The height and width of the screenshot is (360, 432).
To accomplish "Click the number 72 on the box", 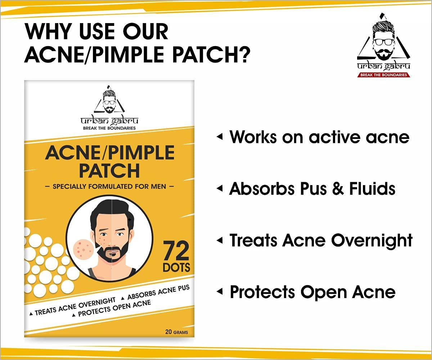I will click(176, 251).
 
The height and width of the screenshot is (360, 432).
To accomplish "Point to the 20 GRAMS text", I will click(176, 332).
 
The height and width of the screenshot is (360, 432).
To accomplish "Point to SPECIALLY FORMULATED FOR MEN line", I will click(109, 186).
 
